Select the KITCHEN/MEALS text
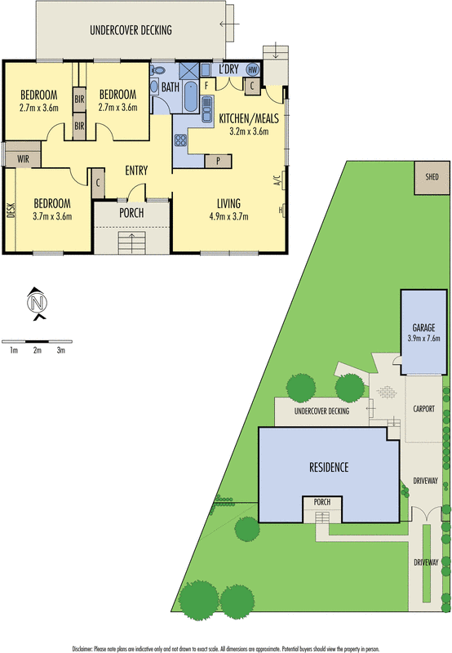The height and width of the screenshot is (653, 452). click(249, 118)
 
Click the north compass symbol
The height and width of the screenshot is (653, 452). click(37, 304)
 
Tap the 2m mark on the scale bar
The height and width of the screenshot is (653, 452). click(37, 349)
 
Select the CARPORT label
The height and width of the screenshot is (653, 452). click(423, 408)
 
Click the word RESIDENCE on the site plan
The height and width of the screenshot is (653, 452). click(329, 468)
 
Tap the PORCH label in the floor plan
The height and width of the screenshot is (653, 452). click(131, 213)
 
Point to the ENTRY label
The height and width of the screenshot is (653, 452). click(136, 171)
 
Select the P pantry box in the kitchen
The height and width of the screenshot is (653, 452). click(219, 160)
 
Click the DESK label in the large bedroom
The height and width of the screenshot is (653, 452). click(11, 211)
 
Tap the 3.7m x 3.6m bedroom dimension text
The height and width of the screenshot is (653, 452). click(51, 216)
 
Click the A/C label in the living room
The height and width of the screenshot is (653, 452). click(277, 180)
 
